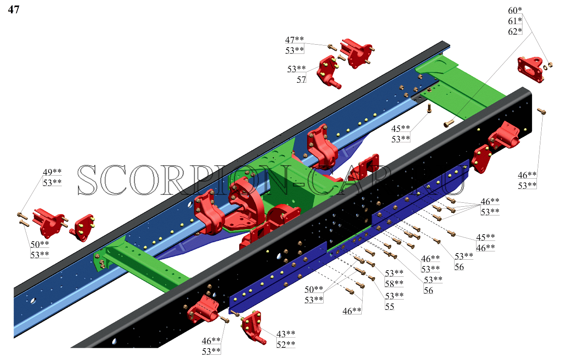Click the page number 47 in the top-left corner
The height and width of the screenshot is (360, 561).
tap(14, 10)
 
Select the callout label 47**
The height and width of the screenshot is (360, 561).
tap(294, 39)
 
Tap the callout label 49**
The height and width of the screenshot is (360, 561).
tap(52, 172)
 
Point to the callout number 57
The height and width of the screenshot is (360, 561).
tap(301, 80)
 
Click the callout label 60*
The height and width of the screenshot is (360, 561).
tap(515, 11)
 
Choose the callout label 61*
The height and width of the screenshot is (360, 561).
tap(515, 21)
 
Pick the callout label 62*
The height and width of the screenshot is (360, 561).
tap(515, 32)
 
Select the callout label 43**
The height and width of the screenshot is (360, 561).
tap(286, 334)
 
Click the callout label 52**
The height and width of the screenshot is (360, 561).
tap(286, 345)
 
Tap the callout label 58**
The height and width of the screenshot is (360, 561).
tap(394, 284)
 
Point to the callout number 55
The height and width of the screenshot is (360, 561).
tap(390, 307)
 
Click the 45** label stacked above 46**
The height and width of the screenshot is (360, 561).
tap(485, 237)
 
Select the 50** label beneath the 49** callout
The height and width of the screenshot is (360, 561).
tap(39, 244)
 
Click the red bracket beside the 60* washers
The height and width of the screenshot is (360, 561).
tap(530, 69)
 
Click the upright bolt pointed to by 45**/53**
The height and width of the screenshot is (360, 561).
tap(429, 108)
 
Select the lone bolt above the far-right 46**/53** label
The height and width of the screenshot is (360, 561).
tap(541, 111)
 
